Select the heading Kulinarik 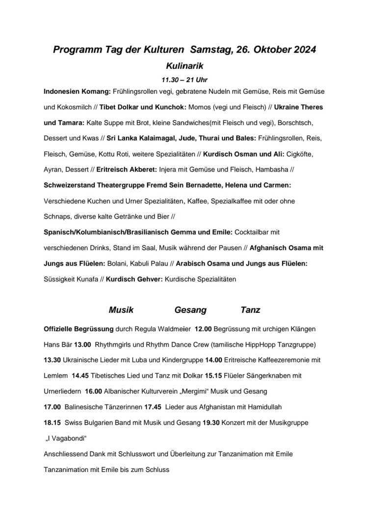pyautogui.click(x=184, y=65)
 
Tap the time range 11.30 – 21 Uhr pyautogui.click(x=184, y=79)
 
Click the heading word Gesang pyautogui.click(x=190, y=310)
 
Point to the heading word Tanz pyautogui.click(x=250, y=310)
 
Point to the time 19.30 pyautogui.click(x=211, y=422)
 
